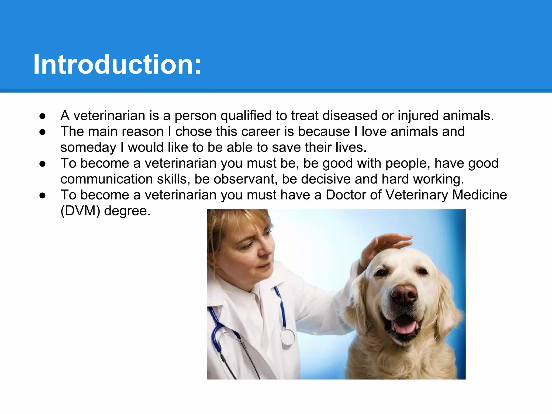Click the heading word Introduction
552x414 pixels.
coord(117,65)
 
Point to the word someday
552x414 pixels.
coord(88,148)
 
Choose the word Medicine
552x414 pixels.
coord(479,195)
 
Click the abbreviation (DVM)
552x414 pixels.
coord(80,211)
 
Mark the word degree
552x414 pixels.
coord(127,211)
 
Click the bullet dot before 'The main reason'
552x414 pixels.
coord(42,132)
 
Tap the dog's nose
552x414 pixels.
coord(404,294)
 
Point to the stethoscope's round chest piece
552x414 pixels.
coord(288,337)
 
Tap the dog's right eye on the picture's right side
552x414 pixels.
coord(422,271)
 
